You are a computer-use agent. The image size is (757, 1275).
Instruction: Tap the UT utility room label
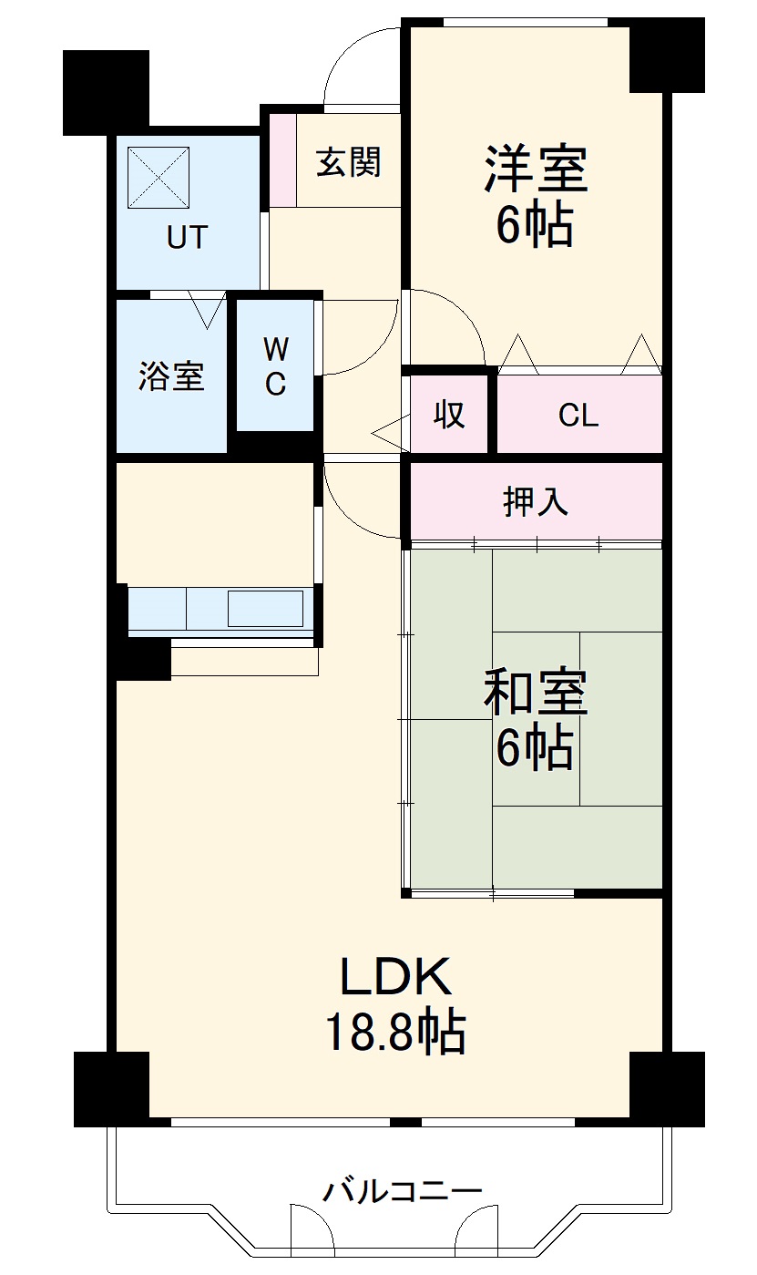187,238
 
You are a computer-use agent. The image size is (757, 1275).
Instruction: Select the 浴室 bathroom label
171,376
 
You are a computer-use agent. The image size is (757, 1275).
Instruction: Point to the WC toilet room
275,365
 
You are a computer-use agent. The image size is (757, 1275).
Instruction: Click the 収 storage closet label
448,415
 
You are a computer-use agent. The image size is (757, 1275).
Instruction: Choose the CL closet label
578,416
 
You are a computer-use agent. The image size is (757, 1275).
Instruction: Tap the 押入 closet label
536,501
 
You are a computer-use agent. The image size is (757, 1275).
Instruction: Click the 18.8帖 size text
395,1033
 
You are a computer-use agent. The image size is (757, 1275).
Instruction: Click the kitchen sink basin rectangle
265,608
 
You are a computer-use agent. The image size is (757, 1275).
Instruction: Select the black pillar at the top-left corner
106,91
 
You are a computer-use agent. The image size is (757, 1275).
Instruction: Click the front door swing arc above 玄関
361,64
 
